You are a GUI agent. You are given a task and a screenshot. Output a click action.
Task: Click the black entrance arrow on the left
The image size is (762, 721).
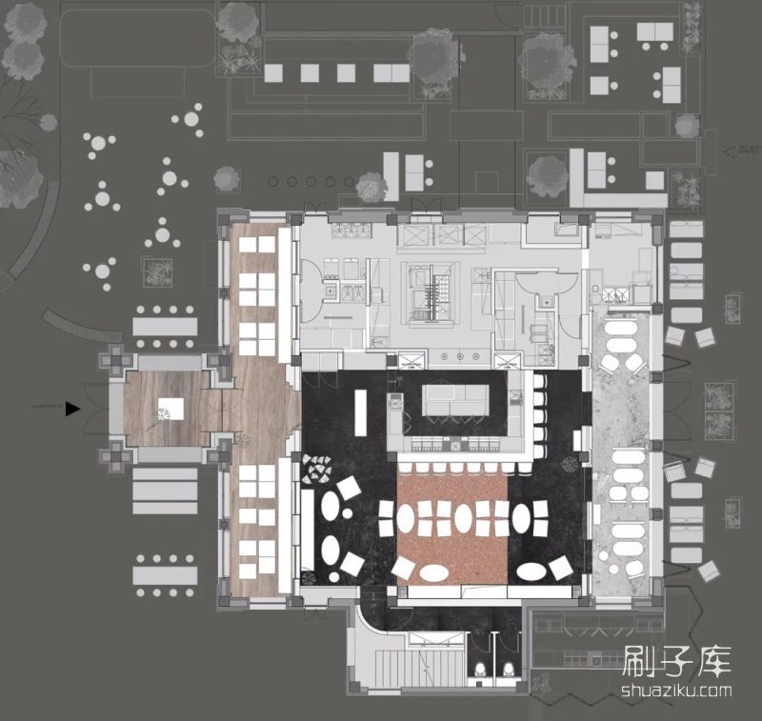(x=71, y=410)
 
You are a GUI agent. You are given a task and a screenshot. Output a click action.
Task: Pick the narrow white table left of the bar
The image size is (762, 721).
(x=360, y=417)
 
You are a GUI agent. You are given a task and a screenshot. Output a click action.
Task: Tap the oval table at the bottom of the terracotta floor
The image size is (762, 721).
(x=433, y=571)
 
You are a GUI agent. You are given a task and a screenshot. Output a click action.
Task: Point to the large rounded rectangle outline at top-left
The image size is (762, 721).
(x=138, y=38)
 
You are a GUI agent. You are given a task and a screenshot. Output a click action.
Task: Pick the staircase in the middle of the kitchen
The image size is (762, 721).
(x=437, y=291)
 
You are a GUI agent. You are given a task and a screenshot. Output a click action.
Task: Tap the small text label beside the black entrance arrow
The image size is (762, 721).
(x=48, y=406)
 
